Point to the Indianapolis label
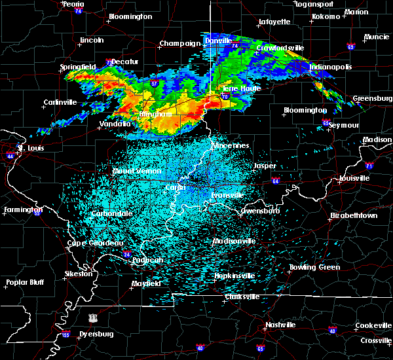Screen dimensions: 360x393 [331, 67]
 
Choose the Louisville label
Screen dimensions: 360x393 [354, 178]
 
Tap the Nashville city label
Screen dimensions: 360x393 [280, 325]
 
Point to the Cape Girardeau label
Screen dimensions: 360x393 [96, 243]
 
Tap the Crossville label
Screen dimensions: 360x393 [375, 340]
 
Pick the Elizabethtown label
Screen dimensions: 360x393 [353, 215]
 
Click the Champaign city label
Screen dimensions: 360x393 [179, 44]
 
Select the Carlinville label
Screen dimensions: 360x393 [60, 102]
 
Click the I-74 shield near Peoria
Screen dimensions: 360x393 [79, 11]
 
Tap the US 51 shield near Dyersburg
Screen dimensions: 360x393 [95, 317]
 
